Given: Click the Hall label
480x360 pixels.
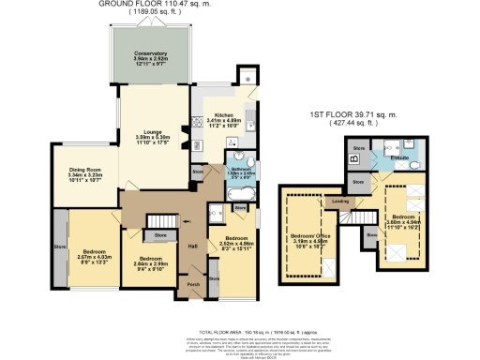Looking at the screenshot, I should point(192,247).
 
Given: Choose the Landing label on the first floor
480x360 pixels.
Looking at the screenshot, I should point(342,200).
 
